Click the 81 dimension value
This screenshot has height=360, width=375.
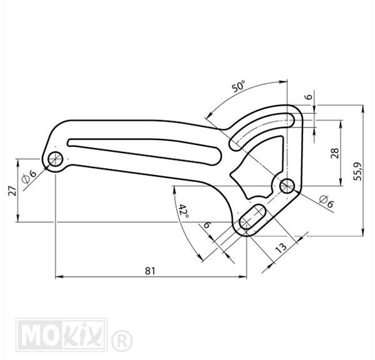pyautogui.click(x=150, y=271)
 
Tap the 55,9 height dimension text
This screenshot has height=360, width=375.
pyautogui.click(x=358, y=171)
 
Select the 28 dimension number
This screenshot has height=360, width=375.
pyautogui.click(x=335, y=153)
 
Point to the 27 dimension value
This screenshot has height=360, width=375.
pyautogui.click(x=12, y=191)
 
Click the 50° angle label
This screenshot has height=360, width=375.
pyautogui.click(x=239, y=86)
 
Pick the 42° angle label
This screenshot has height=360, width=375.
pyautogui.click(x=184, y=211)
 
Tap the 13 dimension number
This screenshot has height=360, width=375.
pyautogui.click(x=281, y=248)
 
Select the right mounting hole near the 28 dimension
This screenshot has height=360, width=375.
pyautogui.click(x=287, y=186)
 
